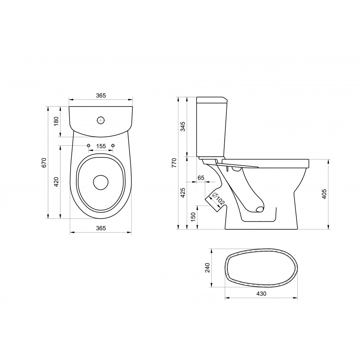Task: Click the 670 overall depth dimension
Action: point(44,163)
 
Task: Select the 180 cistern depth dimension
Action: point(57,121)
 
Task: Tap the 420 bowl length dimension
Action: point(57,182)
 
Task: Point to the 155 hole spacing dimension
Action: point(101,146)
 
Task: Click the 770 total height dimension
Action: point(174,163)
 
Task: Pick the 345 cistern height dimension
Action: point(183,126)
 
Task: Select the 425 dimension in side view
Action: point(183,193)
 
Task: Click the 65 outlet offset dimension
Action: point(201,178)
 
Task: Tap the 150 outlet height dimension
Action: point(193,217)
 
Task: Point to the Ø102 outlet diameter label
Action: point(219,199)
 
